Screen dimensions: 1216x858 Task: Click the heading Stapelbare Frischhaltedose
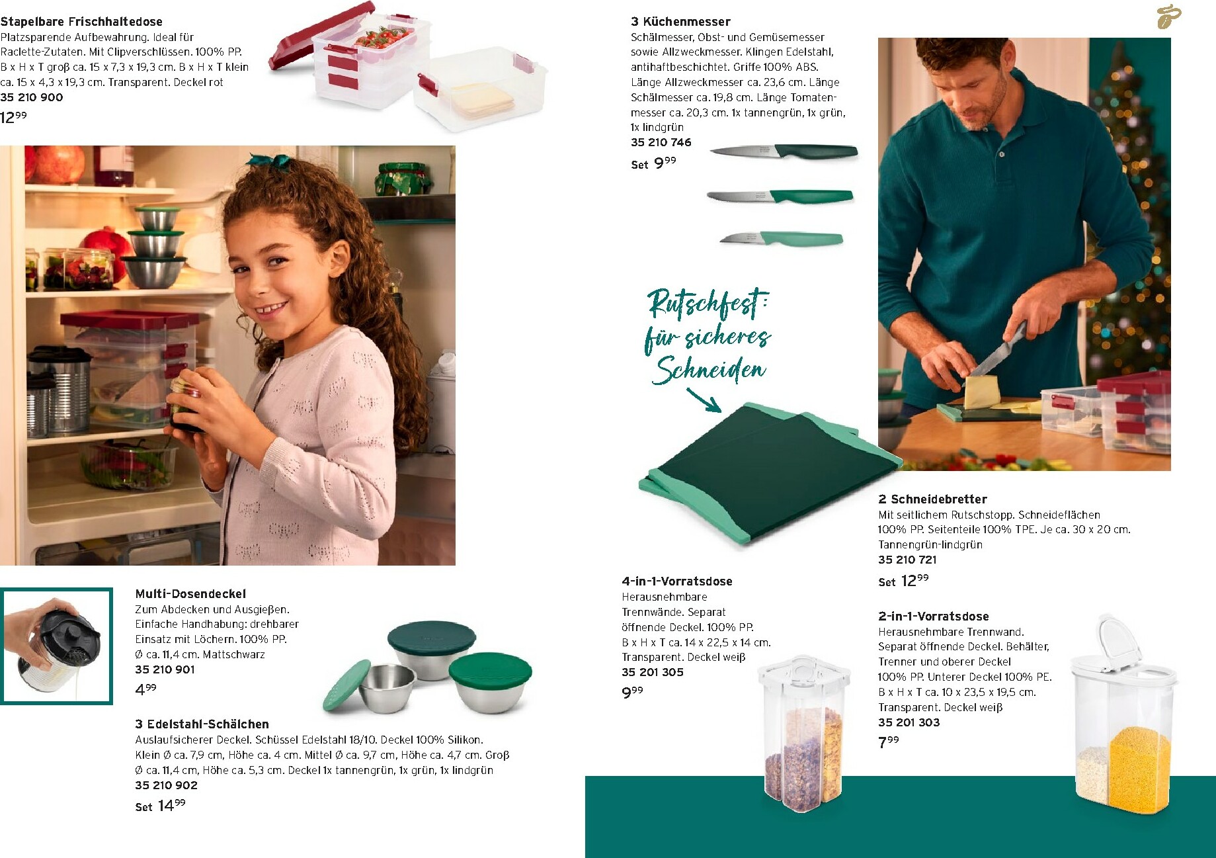pyautogui.click(x=81, y=22)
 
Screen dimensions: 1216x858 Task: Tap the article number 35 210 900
pyautogui.click(x=32, y=97)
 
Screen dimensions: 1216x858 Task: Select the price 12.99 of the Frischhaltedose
pyautogui.click(x=14, y=117)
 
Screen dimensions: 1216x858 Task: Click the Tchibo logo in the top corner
pyautogui.click(x=1168, y=17)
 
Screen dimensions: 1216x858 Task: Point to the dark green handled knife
pyautogui.click(x=784, y=151)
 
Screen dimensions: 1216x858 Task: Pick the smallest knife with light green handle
pyautogui.click(x=781, y=237)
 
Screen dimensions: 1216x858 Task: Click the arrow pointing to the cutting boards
pyautogui.click(x=704, y=400)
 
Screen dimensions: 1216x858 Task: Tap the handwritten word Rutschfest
pyautogui.click(x=708, y=303)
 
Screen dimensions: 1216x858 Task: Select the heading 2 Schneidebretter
pyautogui.click(x=932, y=499)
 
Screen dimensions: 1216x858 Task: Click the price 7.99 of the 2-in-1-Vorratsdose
pyautogui.click(x=888, y=742)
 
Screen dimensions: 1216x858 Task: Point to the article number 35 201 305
pyautogui.click(x=653, y=672)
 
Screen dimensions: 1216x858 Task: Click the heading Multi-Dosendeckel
pyautogui.click(x=190, y=594)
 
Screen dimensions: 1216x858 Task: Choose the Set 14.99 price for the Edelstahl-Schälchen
pyautogui.click(x=160, y=806)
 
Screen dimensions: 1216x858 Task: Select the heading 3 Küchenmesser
pyautogui.click(x=680, y=22)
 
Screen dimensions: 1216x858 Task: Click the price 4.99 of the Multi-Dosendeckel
pyautogui.click(x=145, y=689)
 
